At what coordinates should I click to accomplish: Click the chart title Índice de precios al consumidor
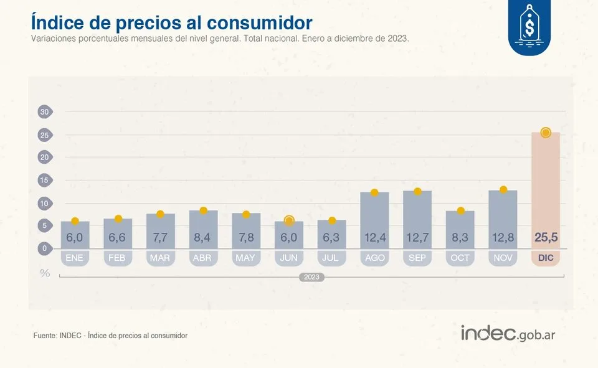pos(171,22)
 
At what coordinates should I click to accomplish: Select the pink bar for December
pos(546,187)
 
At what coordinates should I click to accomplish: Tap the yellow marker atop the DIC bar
pos(546,133)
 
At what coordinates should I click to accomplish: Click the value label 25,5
pos(546,237)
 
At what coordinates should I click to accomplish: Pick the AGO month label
pos(374,258)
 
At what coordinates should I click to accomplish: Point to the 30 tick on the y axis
pos(44,112)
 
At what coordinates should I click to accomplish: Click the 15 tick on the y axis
pos(44,181)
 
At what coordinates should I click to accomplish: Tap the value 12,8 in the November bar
pos(503,237)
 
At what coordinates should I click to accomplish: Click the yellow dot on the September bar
pos(417,191)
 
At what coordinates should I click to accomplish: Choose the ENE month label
pos(75,258)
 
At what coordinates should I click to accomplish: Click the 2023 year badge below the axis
pos(311,277)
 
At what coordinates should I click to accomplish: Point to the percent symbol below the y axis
pos(45,273)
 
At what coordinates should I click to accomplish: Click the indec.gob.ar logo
pos(508,333)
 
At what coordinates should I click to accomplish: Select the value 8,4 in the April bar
pos(203,237)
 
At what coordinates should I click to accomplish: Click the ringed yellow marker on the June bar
pos(289,220)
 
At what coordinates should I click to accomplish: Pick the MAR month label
pos(160,258)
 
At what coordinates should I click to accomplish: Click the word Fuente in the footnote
pos(45,336)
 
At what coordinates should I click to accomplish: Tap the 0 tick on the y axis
pos(44,248)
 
